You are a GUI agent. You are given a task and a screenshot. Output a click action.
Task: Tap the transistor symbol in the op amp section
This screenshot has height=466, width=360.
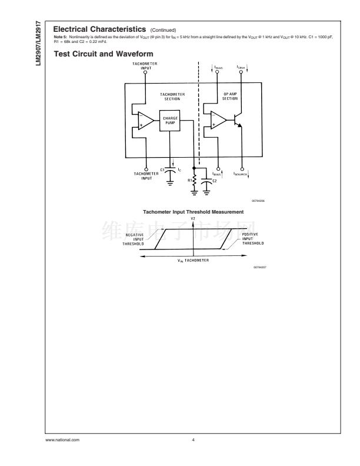point(239,121)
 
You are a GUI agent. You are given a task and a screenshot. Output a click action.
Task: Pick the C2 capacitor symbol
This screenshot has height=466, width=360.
point(206,182)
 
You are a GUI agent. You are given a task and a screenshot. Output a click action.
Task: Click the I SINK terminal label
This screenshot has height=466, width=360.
point(242,67)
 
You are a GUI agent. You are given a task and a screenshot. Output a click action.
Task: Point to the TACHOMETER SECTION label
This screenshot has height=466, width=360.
point(172,96)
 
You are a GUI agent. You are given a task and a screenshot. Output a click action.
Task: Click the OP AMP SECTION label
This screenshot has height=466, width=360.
point(230,96)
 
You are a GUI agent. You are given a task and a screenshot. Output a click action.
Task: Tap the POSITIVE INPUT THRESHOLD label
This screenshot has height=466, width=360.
point(252,238)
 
